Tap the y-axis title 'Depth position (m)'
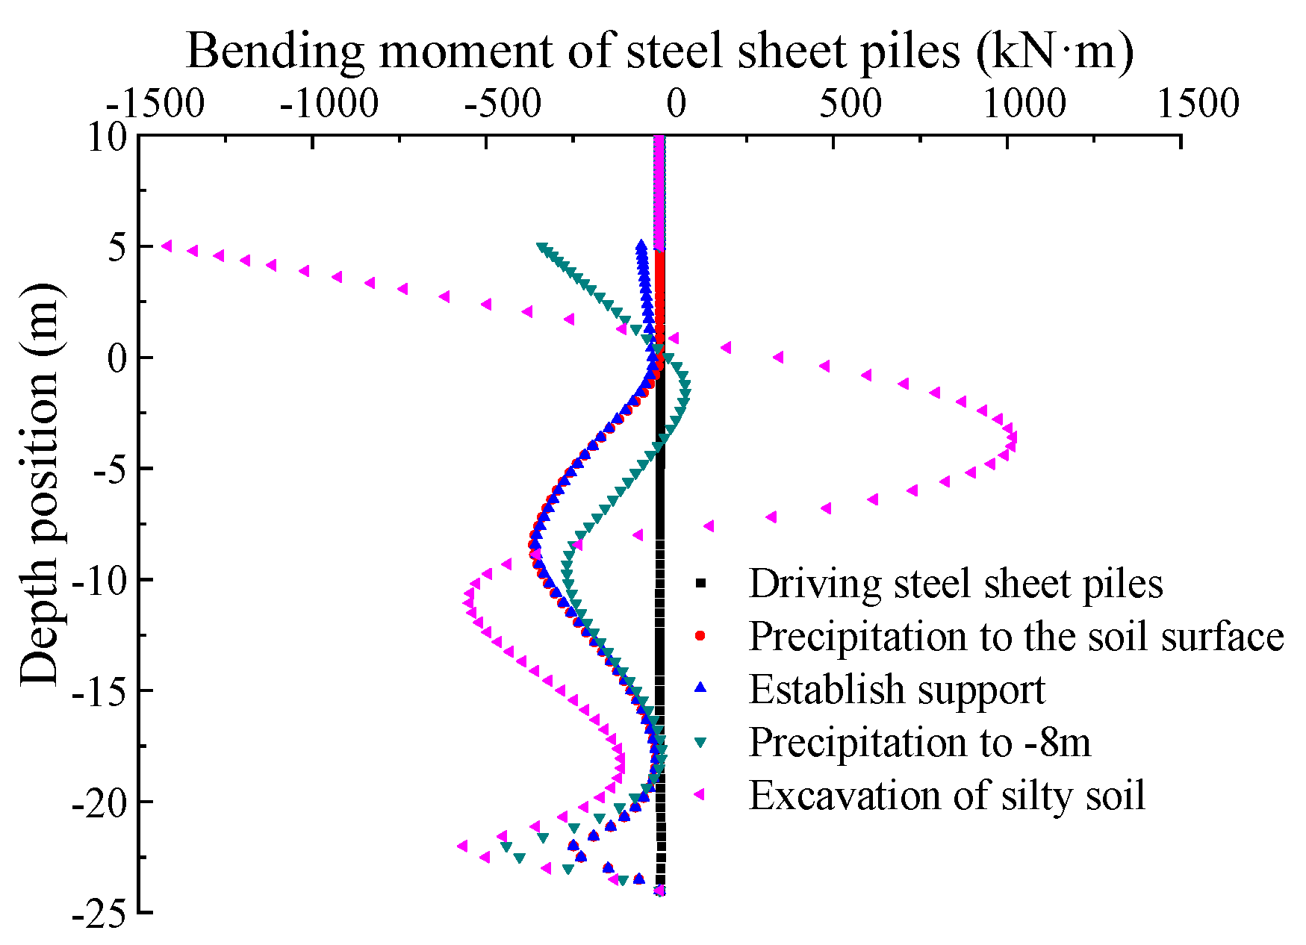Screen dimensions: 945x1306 coord(39,484)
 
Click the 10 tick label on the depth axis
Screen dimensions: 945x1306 coord(108,137)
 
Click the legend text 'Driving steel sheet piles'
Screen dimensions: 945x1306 coord(956,584)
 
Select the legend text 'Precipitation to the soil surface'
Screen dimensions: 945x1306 coord(1016,637)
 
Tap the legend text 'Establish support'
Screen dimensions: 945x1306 coord(897,690)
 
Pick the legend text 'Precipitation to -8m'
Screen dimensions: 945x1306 coord(920,743)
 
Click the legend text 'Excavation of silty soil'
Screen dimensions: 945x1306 coord(947,796)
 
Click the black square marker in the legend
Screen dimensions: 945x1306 coord(700,583)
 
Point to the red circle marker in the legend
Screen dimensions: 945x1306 coord(700,636)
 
